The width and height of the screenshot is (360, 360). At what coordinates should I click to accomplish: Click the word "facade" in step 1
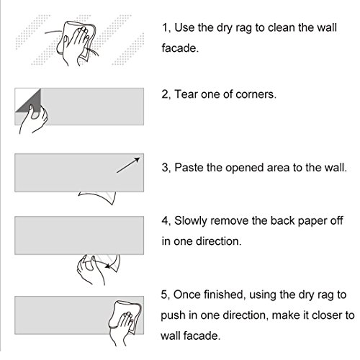click(179, 48)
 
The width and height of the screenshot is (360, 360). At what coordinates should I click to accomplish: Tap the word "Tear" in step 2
click(186, 94)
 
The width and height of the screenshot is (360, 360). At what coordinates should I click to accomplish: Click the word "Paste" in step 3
click(189, 168)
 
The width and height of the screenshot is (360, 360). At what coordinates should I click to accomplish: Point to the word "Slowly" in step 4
click(190, 221)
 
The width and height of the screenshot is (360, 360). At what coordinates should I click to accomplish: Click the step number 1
click(165, 27)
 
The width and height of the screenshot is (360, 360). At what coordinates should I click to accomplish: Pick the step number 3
click(165, 168)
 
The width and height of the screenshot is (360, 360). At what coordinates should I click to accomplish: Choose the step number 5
click(164, 294)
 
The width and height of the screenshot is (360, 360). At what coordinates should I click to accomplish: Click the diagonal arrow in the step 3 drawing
click(128, 165)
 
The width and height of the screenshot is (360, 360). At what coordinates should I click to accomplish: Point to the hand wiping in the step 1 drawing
click(75, 45)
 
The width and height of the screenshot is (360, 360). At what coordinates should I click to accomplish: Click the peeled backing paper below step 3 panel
click(98, 197)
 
